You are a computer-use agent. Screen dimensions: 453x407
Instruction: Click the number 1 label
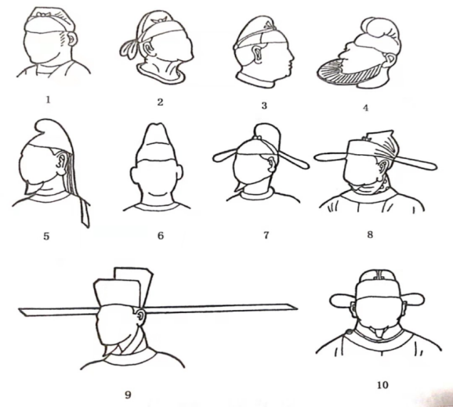[x=48, y=100]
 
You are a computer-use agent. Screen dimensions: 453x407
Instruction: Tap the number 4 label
[x=365, y=108]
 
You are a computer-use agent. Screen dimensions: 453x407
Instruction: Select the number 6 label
[x=161, y=236]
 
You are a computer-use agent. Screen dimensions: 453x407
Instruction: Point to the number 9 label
[x=128, y=394]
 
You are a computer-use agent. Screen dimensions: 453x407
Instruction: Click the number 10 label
[x=382, y=385]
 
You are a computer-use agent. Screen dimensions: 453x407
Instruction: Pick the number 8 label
[x=370, y=235]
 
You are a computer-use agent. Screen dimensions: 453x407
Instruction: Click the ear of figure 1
[x=73, y=39]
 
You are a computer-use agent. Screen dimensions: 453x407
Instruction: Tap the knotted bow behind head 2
[x=129, y=49]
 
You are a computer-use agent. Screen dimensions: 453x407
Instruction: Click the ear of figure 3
[x=257, y=55]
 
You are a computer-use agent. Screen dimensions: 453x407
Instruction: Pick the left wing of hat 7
[x=226, y=155]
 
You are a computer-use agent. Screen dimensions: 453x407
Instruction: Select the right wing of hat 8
[x=417, y=163]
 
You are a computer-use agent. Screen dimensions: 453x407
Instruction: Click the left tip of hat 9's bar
[x=20, y=310]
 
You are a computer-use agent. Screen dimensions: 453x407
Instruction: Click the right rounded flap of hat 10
[x=415, y=301]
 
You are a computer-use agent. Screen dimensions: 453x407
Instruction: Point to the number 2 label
[x=160, y=102]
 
